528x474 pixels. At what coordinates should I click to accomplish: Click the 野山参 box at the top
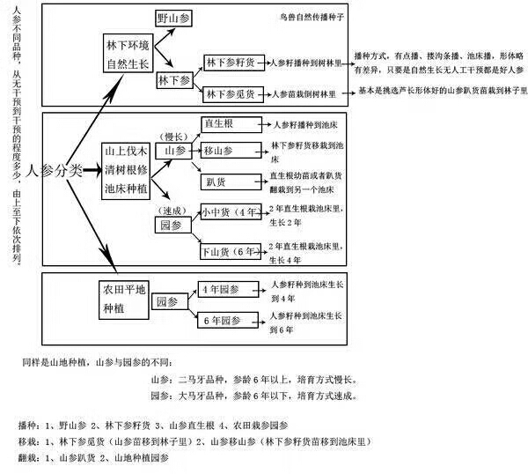(175, 18)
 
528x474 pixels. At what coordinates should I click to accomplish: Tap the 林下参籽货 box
(231, 63)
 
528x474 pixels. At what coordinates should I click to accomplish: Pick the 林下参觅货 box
(231, 93)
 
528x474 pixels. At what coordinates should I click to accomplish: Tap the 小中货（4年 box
(231, 212)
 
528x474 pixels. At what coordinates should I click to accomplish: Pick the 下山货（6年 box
(231, 252)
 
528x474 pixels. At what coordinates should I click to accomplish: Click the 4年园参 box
(220, 289)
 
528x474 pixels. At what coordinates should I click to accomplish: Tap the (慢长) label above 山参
(172, 136)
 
